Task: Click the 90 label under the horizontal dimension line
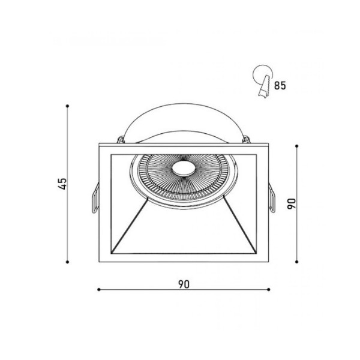pyautogui.click(x=184, y=284)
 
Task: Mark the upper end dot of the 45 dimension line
pyautogui.click(x=69, y=107)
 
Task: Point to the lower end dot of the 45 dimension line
pyautogui.click(x=69, y=262)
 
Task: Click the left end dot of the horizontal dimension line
pyautogui.click(x=98, y=292)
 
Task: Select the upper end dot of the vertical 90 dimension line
pyautogui.click(x=298, y=144)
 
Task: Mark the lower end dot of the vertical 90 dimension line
pyautogui.click(x=298, y=261)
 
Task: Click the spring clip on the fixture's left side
pyautogui.click(x=94, y=198)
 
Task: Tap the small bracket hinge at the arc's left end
pyautogui.click(x=122, y=140)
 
